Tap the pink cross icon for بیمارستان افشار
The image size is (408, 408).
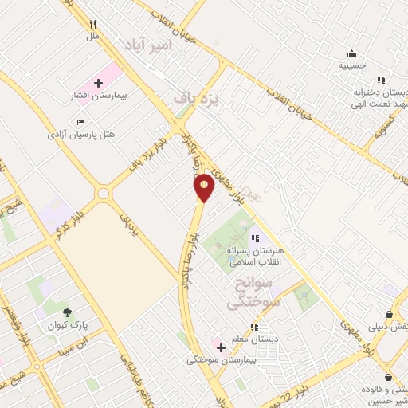(98, 83)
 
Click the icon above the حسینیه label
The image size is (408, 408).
(351, 54)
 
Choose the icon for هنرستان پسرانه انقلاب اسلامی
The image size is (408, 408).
(254, 238)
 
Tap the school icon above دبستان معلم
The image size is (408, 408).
(254, 327)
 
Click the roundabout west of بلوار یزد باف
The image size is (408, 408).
(103, 194)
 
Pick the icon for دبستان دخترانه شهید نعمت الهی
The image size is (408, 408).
(381, 80)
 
